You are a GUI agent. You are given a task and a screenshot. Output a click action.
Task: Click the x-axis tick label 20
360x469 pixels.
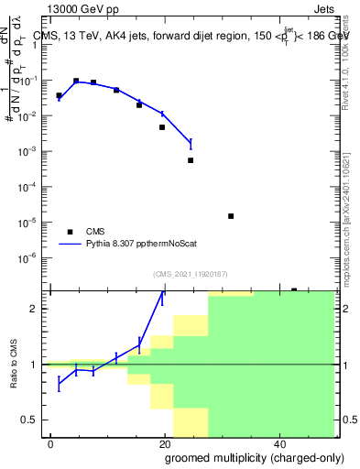tap(164, 444)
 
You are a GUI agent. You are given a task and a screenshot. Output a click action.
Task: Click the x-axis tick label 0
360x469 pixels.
tap(50, 444)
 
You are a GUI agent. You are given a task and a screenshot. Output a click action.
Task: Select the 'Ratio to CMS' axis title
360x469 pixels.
tap(15, 365)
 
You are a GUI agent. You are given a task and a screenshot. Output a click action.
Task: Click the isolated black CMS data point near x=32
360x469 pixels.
tap(231, 216)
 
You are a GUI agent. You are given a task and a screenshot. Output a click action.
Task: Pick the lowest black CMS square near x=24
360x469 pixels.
tap(191, 160)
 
